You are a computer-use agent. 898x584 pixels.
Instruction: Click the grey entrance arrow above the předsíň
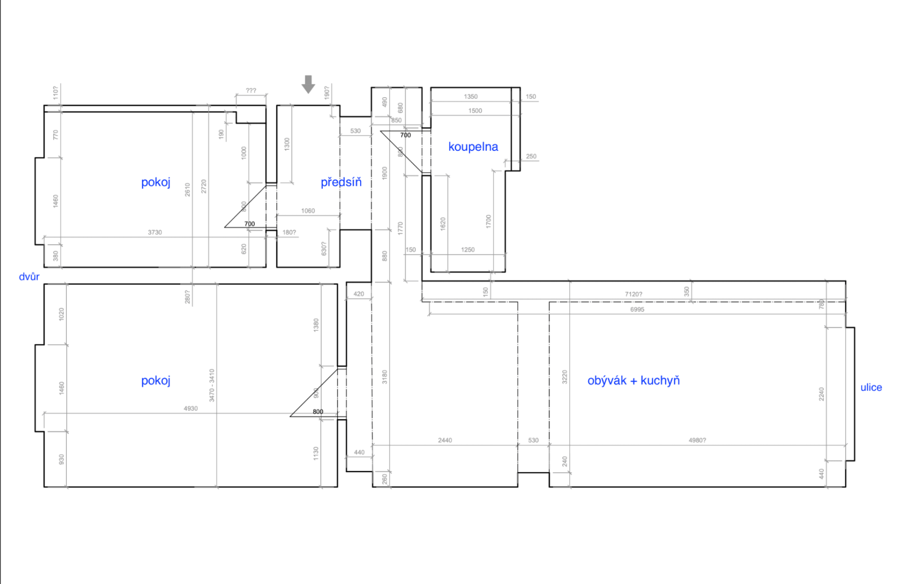click(x=308, y=84)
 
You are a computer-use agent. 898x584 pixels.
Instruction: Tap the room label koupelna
click(x=473, y=147)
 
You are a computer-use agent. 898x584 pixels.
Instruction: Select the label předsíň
click(x=341, y=182)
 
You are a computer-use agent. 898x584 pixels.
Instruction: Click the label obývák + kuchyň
click(x=634, y=381)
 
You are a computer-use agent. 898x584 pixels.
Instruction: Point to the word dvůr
click(x=29, y=277)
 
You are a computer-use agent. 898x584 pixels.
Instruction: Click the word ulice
click(x=871, y=387)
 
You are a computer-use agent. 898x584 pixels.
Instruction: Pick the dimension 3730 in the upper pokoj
click(x=155, y=233)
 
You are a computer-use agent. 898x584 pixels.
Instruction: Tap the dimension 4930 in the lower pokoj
click(x=191, y=409)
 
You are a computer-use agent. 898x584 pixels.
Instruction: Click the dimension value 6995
click(x=637, y=309)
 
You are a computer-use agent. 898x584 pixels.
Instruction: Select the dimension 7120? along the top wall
click(x=634, y=294)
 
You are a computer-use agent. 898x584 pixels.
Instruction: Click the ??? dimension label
click(x=251, y=91)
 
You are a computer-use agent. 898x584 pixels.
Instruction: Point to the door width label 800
click(x=318, y=412)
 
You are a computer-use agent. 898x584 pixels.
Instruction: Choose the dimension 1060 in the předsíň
click(x=308, y=211)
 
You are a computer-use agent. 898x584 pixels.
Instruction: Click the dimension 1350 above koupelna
click(x=470, y=97)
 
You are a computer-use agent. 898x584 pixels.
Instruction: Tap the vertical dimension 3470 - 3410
click(x=212, y=385)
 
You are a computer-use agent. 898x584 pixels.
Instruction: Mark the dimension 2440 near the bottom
click(x=445, y=440)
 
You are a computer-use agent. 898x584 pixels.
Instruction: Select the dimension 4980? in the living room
click(x=697, y=440)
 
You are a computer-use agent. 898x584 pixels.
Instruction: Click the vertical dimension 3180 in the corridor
click(x=385, y=377)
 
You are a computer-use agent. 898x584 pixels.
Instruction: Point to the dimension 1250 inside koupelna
click(x=467, y=250)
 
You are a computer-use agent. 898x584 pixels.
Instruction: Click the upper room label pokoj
click(x=156, y=182)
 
